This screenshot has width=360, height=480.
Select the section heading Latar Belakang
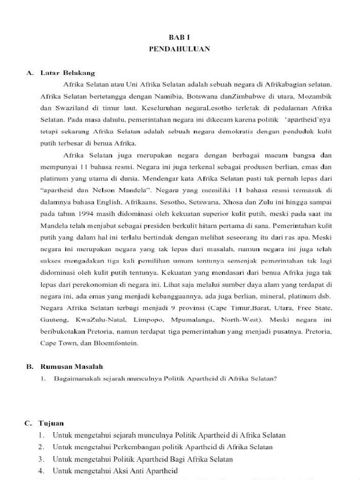[67, 73]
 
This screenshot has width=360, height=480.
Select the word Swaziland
[70, 108]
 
